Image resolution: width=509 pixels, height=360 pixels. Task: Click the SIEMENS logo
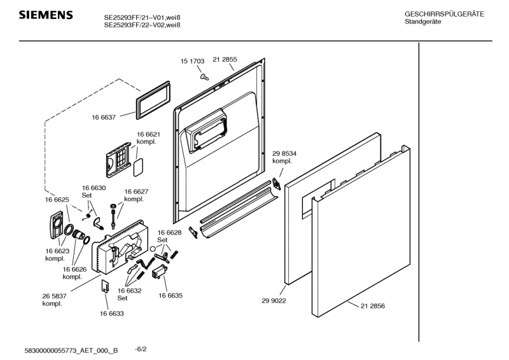click(45, 15)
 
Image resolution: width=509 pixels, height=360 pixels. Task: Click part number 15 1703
click(192, 61)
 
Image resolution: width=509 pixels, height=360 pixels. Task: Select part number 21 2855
click(225, 59)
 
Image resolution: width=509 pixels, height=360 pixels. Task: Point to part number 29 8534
click(284, 154)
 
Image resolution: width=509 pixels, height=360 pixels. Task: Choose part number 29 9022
click(274, 301)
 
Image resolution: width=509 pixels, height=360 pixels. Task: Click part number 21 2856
click(373, 306)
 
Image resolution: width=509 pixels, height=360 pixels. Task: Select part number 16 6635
click(171, 296)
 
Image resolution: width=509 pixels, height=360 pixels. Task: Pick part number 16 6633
click(111, 313)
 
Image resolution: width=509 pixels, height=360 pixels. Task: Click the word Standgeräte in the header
click(423, 22)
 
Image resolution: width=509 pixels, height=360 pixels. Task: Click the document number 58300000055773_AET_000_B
click(71, 350)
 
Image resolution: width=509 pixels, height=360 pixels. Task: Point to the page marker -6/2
click(141, 349)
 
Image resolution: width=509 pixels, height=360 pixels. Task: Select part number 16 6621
click(148, 135)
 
